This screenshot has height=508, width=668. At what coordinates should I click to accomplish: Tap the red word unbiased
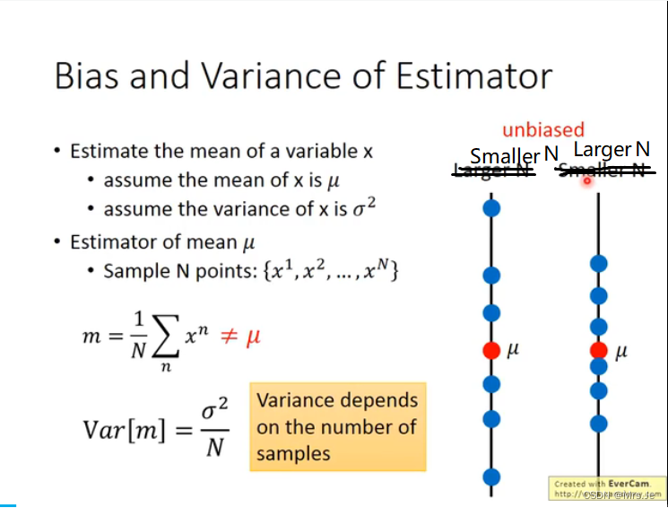(542, 130)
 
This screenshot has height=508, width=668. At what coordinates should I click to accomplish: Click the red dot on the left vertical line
(490, 349)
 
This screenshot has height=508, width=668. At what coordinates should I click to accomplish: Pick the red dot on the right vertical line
(598, 350)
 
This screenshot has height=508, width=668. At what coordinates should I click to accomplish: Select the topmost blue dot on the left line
(490, 209)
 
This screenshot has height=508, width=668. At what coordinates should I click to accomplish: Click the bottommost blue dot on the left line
(490, 476)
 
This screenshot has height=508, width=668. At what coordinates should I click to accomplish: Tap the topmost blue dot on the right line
(598, 264)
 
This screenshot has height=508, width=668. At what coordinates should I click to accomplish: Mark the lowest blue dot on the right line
(598, 423)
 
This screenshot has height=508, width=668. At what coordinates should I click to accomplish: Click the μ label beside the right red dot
(621, 352)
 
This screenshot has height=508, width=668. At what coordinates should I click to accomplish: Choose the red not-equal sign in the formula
(229, 337)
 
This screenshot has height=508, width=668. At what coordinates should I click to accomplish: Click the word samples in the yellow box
(292, 453)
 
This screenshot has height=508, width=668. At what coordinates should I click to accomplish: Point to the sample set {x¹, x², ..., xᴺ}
(332, 270)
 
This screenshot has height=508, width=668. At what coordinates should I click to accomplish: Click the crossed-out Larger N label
(492, 171)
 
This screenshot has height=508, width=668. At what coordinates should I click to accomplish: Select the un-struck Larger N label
(612, 150)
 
